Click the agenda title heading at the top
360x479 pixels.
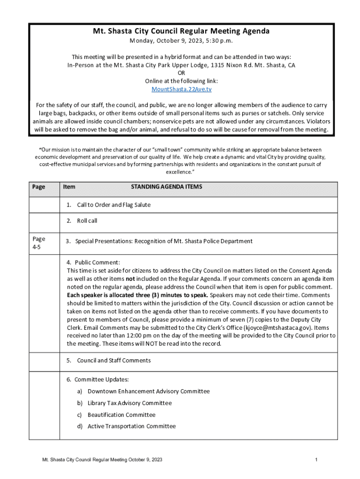(x=181, y=31)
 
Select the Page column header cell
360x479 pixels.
(x=39, y=187)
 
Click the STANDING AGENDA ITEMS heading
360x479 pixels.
(x=166, y=187)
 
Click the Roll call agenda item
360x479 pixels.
(x=87, y=221)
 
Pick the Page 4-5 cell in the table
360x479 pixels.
(x=39, y=243)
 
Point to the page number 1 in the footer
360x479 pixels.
(x=317, y=460)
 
